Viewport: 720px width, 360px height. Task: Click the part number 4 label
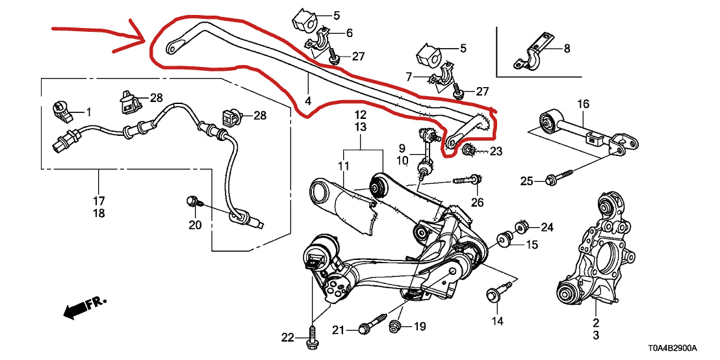pos(308,101)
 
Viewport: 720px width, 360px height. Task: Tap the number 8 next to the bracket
pos(566,47)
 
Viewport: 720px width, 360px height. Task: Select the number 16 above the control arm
pos(582,103)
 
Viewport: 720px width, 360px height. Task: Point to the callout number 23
pos(496,151)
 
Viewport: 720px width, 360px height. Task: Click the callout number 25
pos(526,181)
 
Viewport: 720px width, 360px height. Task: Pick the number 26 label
pos(477,203)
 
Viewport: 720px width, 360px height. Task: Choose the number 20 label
pos(195,225)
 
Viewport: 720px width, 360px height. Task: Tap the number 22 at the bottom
pos(287,337)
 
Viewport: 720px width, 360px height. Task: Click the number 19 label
pos(419,326)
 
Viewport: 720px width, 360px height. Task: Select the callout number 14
pos(497,320)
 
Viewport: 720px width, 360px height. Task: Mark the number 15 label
pos(532,245)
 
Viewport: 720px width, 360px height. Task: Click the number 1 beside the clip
pos(89,112)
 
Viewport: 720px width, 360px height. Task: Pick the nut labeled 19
pos(395,326)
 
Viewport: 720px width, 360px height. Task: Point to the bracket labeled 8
pos(532,54)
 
